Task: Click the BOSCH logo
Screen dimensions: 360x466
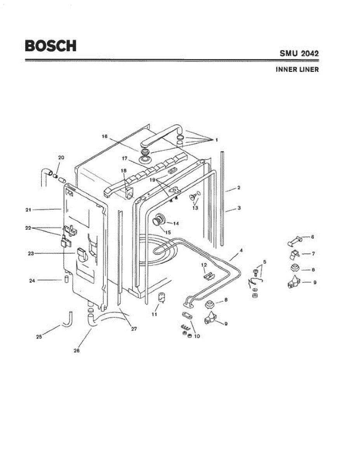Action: (x=50, y=46)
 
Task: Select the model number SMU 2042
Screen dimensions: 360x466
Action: (x=299, y=53)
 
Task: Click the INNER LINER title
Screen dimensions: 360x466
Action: (x=297, y=70)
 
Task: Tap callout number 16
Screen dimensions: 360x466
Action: (x=104, y=136)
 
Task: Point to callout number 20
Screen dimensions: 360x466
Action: (x=61, y=158)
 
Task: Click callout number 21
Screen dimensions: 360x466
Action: (x=28, y=210)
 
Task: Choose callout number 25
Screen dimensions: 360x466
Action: (x=39, y=337)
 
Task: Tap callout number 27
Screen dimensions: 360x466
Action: (x=134, y=329)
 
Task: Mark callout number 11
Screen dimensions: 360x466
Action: (x=154, y=314)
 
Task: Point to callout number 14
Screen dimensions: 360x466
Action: (x=176, y=223)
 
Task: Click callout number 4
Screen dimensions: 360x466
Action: (x=241, y=250)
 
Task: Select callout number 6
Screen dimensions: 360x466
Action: (x=312, y=236)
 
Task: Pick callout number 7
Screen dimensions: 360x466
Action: (x=313, y=254)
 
